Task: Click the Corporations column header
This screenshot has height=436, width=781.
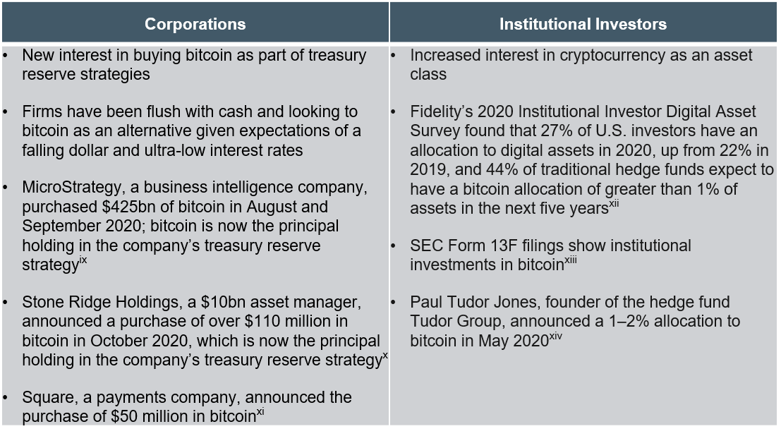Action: coord(195,24)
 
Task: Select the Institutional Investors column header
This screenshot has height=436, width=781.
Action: coord(583,24)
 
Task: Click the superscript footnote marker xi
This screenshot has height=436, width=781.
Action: coord(260,412)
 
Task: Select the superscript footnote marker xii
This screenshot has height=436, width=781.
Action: coord(614,204)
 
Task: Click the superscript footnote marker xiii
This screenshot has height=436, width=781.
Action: coord(570,260)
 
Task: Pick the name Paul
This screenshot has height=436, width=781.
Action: coord(426,302)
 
